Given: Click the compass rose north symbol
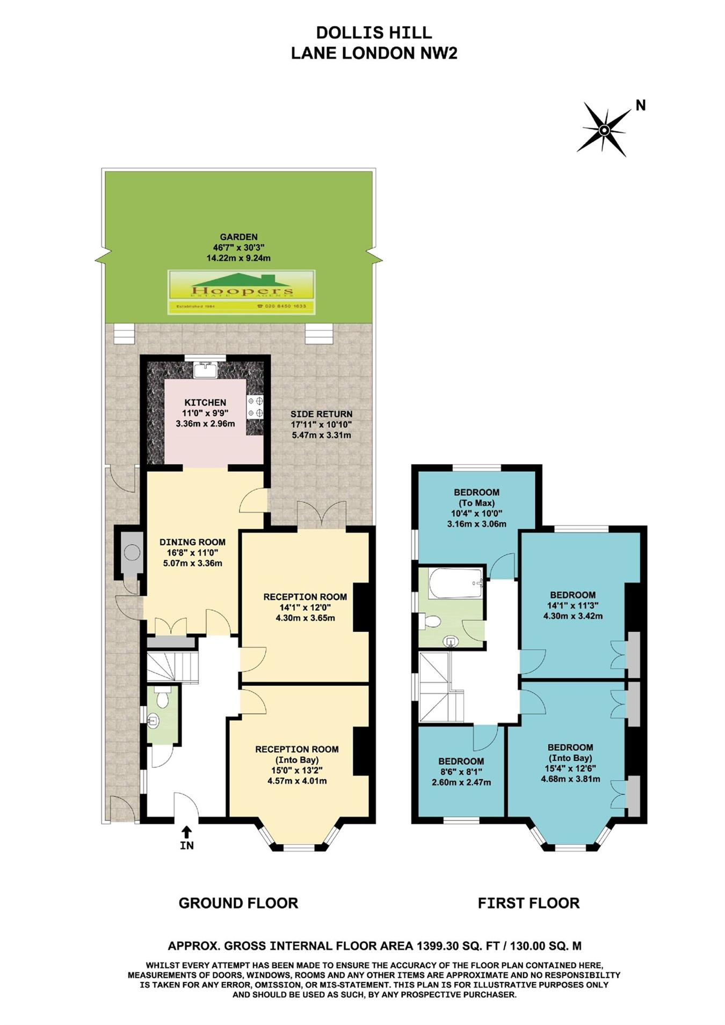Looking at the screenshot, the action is click(604, 129).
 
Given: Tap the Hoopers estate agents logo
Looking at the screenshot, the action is click(242, 291).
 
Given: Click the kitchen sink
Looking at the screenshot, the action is click(205, 370).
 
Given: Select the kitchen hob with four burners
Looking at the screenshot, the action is click(255, 407).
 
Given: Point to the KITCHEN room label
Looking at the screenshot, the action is click(205, 402).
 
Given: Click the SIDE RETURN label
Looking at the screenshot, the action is click(321, 414).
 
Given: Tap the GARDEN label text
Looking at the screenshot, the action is click(238, 237).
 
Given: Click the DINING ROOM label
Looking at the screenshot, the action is click(192, 542).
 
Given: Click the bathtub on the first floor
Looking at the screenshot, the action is click(456, 583).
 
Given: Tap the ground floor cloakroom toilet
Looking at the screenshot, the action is click(163, 697).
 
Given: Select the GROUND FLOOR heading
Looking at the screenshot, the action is click(238, 903).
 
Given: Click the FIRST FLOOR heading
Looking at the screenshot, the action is click(528, 903).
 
